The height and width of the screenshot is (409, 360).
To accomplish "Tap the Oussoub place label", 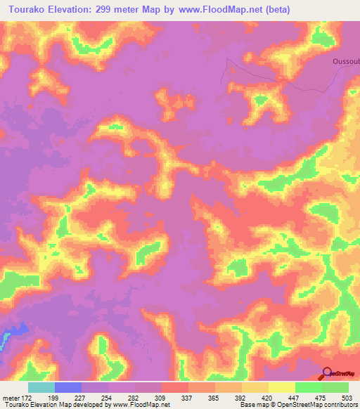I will [345, 61].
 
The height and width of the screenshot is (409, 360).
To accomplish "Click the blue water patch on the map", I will [15, 330].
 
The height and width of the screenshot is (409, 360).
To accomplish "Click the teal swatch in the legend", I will [41, 387].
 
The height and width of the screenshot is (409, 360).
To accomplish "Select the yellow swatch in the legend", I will [281, 387].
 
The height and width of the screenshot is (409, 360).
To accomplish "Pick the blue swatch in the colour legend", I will [67, 387].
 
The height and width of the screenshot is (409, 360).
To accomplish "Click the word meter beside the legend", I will [9, 397].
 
